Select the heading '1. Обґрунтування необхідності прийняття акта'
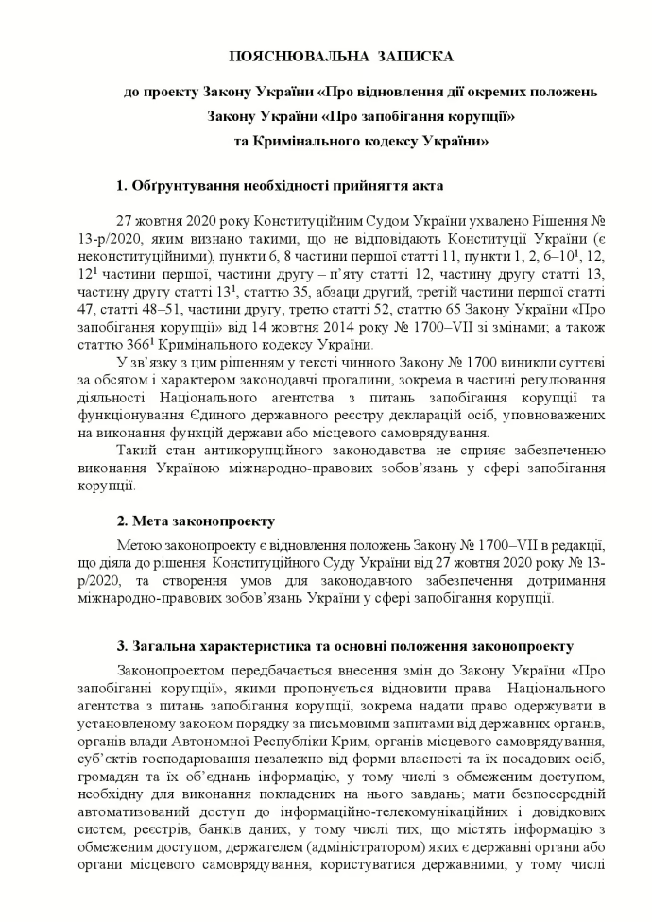pos(280,184)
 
